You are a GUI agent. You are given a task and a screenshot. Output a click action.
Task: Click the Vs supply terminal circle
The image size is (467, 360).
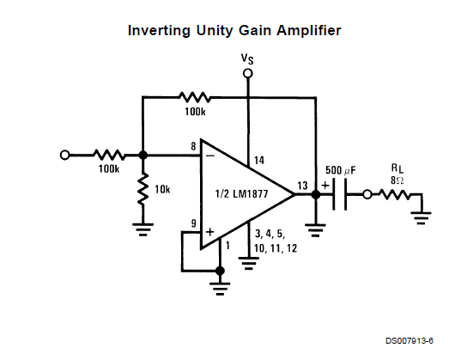[247, 73]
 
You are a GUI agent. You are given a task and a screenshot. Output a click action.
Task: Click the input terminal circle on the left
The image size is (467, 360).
[64, 155]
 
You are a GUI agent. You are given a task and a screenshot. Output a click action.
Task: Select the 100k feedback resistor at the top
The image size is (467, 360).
[195, 97]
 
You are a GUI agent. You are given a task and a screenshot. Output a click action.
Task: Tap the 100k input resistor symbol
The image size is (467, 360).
[109, 155]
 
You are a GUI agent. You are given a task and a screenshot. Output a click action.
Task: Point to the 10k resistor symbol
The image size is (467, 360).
[143, 189]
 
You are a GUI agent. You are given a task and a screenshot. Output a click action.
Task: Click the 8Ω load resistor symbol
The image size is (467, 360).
[395, 194]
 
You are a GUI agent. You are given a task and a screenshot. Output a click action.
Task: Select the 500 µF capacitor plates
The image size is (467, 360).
[339, 194]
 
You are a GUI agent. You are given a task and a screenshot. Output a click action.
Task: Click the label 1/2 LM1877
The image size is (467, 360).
[241, 194]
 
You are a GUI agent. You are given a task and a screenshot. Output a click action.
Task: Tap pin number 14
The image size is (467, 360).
[259, 161]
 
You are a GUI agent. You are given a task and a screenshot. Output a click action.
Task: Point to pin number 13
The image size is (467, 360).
[302, 186]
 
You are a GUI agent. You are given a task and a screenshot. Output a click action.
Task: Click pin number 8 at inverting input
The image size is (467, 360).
[194, 146]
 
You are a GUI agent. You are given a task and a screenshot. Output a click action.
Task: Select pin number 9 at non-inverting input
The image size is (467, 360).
[194, 223]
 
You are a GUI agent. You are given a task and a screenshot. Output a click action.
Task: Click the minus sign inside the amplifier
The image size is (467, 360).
[210, 156]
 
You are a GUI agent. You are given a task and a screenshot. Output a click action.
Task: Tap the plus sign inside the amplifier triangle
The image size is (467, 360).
[210, 232]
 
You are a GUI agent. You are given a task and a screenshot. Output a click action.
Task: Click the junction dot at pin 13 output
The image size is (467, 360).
[316, 194]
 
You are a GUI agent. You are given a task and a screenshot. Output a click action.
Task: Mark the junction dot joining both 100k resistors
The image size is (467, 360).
[143, 155]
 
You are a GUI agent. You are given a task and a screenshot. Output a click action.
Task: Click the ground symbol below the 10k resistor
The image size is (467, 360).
[143, 229]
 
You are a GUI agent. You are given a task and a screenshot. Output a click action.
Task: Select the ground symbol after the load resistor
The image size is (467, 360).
[422, 218]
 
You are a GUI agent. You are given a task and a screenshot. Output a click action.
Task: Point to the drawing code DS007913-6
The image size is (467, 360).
[409, 340]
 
